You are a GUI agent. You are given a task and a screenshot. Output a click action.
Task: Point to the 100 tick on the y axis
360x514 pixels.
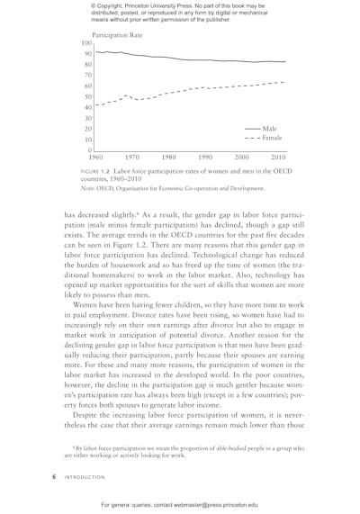click(86, 43)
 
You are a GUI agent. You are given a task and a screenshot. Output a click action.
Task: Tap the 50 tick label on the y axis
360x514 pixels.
click(88, 96)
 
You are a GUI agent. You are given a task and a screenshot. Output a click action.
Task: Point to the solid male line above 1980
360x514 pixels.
click(169, 58)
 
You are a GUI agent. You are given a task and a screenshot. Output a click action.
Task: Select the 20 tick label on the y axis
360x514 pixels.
click(88, 129)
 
